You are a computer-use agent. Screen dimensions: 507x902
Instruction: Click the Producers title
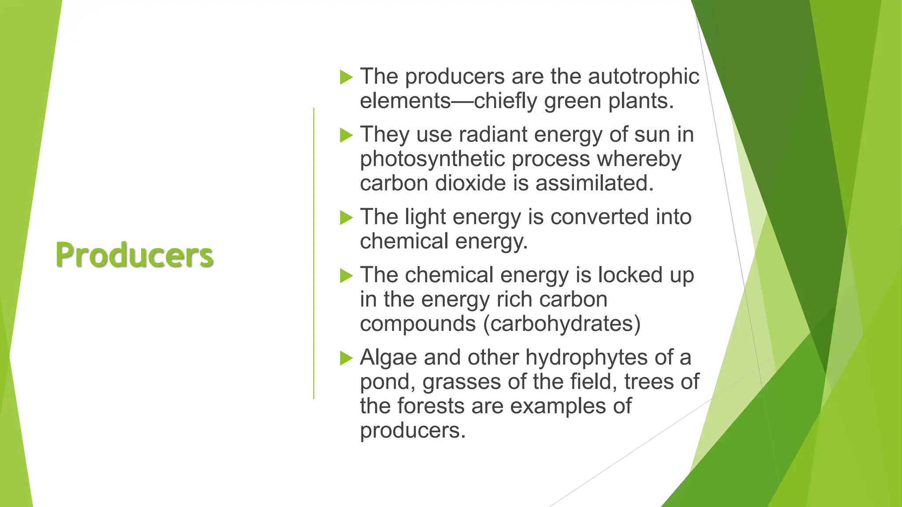point(134,255)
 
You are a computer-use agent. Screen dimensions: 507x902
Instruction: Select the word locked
point(630,275)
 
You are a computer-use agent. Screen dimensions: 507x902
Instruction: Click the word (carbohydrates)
point(562,324)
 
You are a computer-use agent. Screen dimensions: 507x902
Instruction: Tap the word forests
point(431,406)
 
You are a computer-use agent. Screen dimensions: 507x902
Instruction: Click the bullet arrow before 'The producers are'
point(347,77)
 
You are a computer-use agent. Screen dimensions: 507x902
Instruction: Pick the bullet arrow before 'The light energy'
point(347,218)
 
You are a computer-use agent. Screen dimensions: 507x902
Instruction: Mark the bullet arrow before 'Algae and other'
point(347,358)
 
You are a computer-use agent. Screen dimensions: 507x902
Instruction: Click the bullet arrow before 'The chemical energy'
point(347,276)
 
